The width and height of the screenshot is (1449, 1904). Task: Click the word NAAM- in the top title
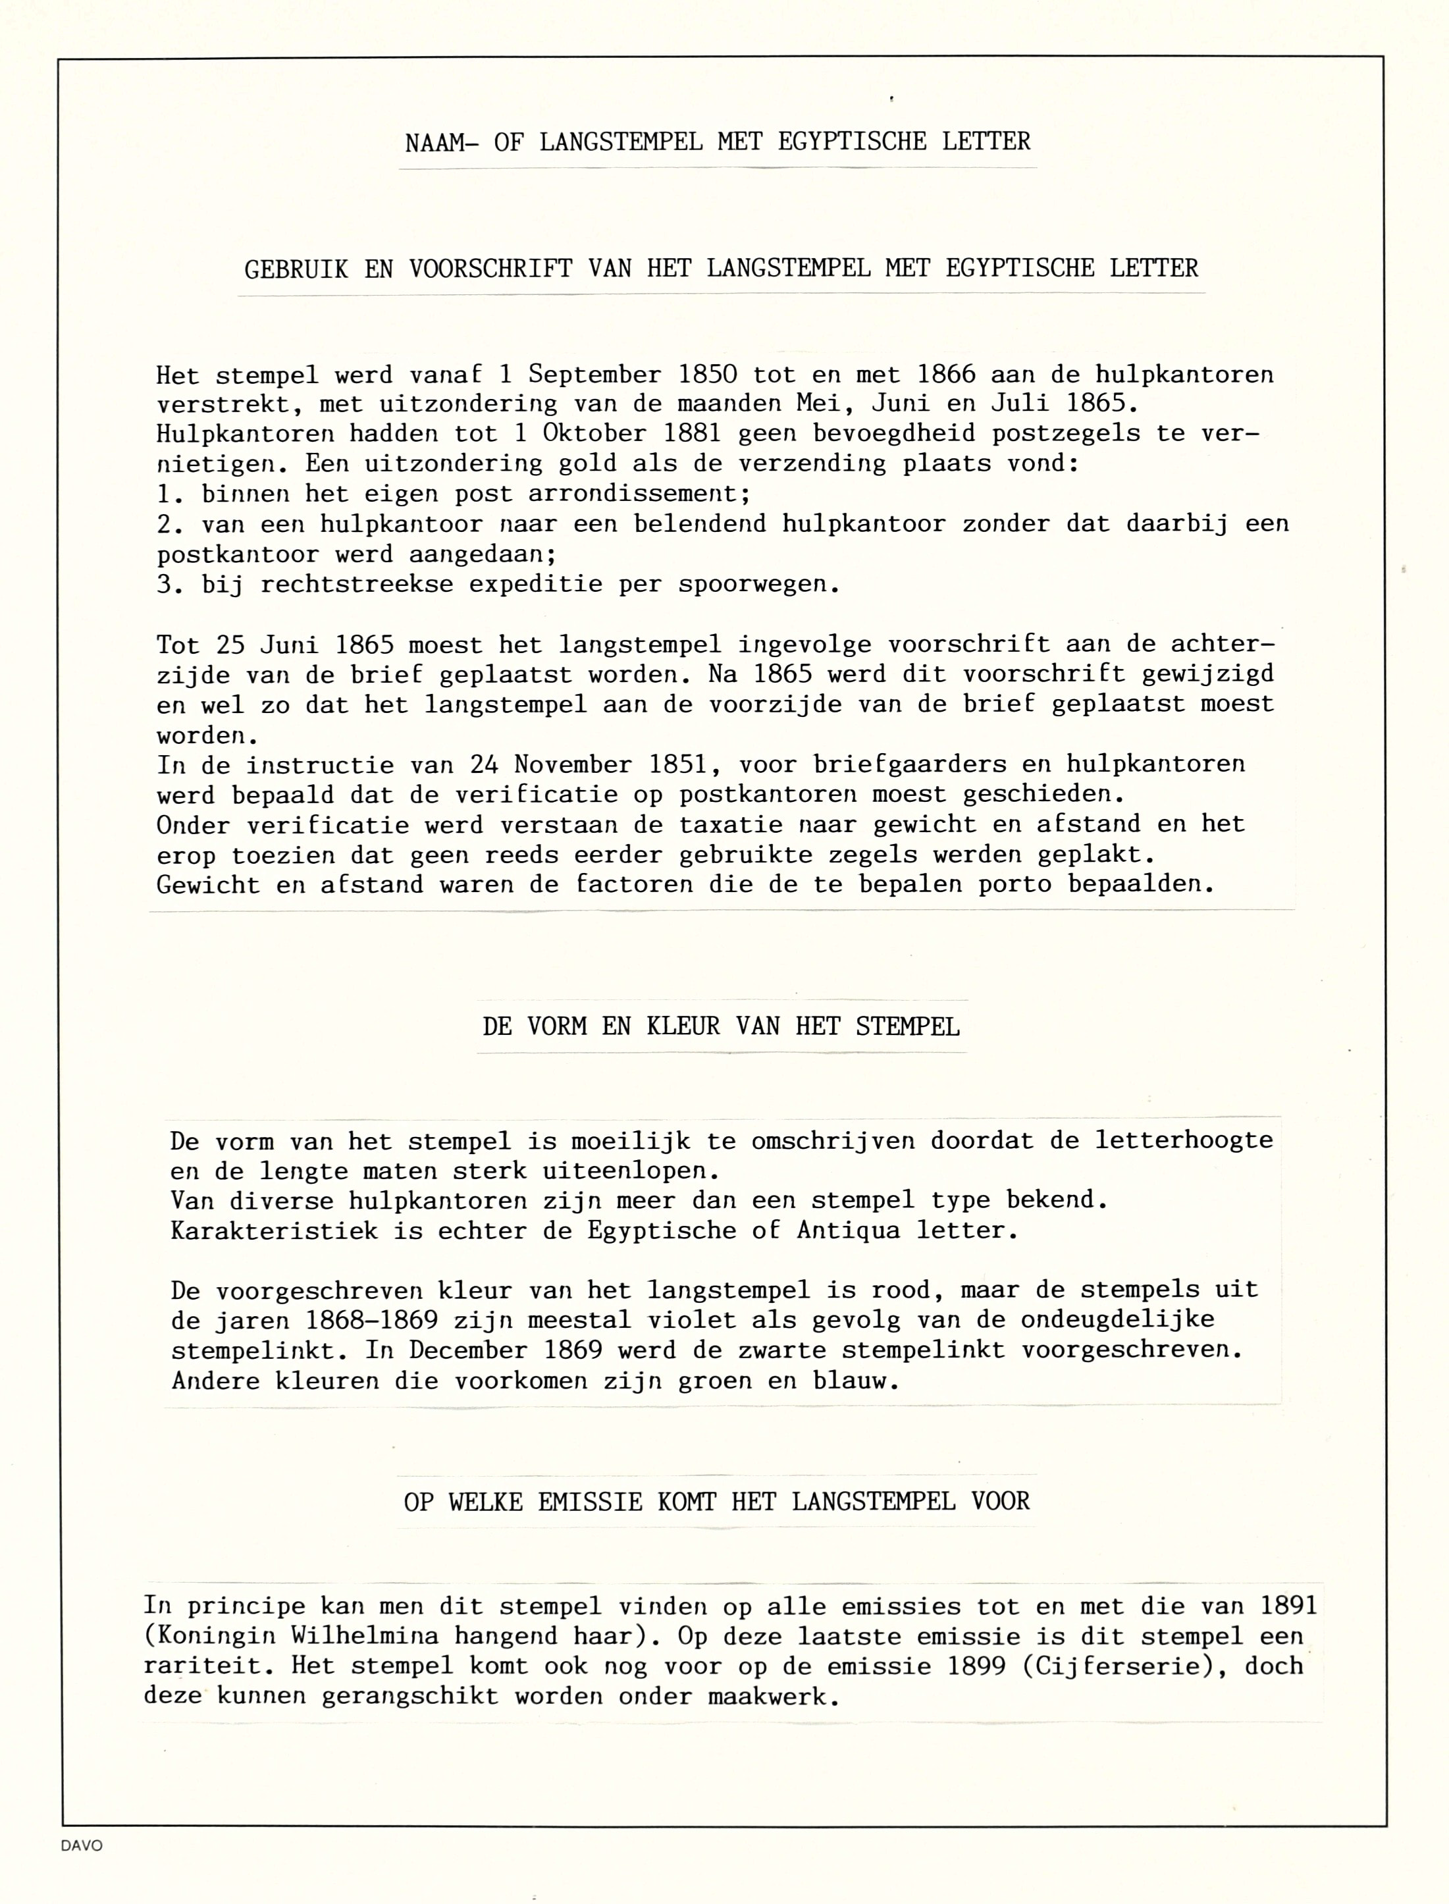442,142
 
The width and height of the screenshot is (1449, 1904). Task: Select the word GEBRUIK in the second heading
296,269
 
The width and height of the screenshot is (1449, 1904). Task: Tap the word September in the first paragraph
594,375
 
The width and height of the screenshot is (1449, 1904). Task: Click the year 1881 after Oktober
692,434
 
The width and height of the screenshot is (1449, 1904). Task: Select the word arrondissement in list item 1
640,494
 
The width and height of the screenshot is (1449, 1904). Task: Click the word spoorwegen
757,585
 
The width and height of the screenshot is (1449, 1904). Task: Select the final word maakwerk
774,1696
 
